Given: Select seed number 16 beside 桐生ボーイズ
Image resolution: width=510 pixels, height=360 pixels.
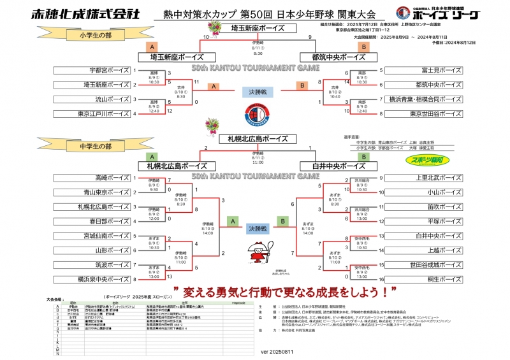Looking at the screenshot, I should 381,279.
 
